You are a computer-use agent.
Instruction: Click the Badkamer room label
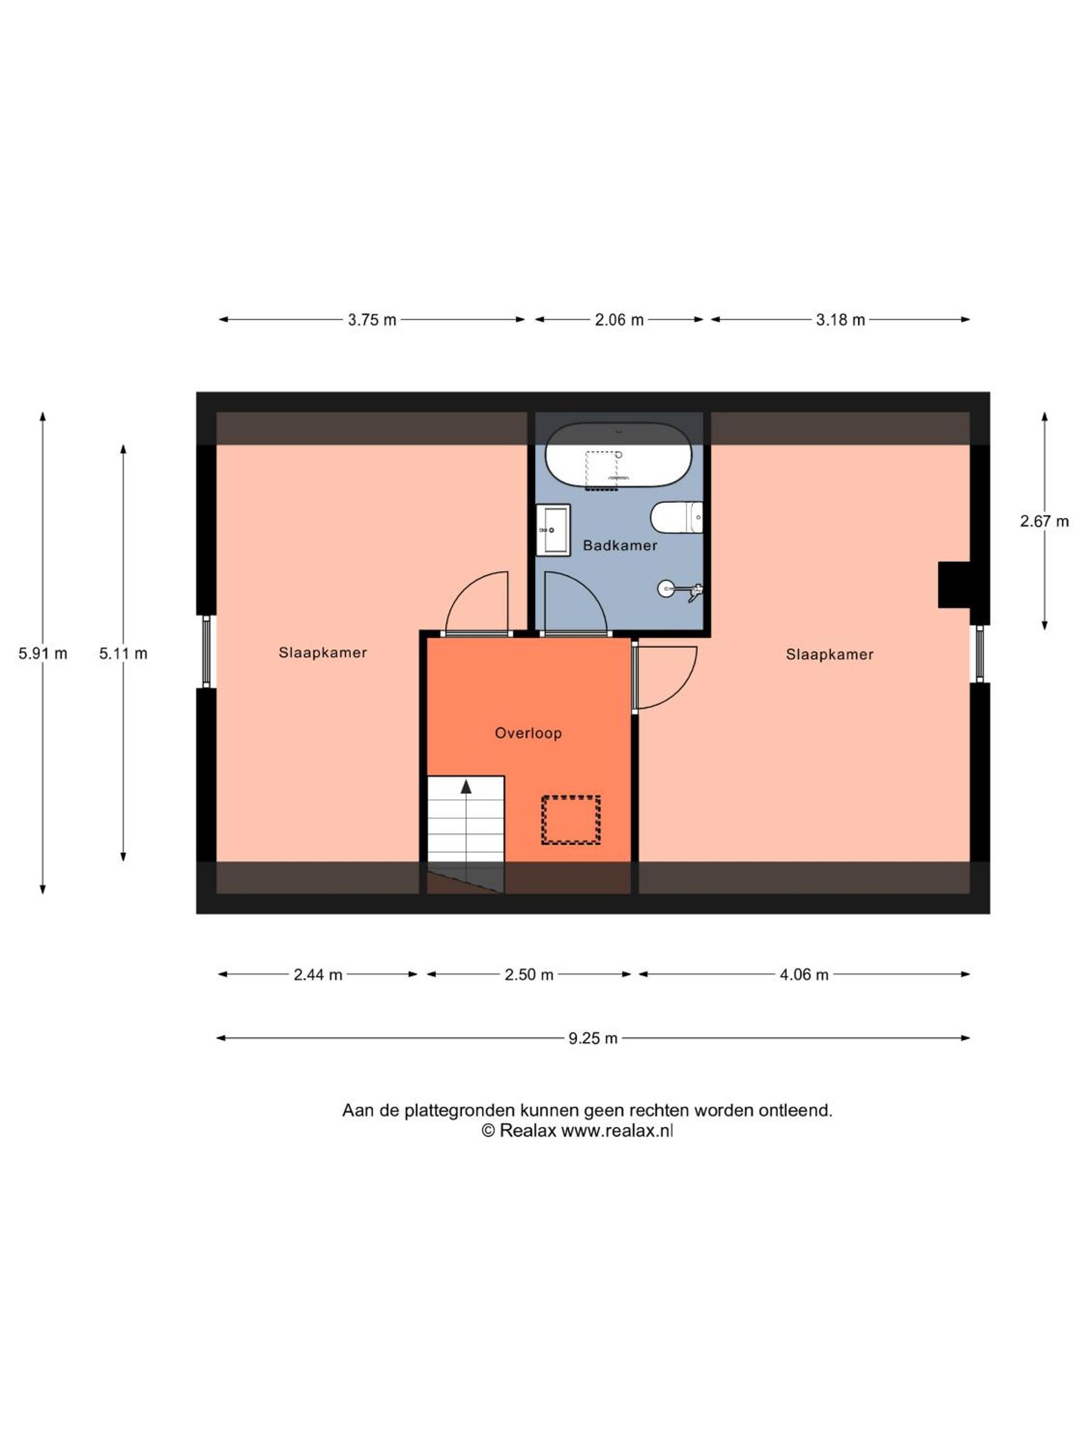[x=620, y=545]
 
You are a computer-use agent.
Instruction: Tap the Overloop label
[x=528, y=733]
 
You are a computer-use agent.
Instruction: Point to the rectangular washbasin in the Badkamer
[x=553, y=530]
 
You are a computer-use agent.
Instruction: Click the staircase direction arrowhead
[x=466, y=787]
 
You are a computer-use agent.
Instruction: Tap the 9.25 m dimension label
[x=593, y=1038]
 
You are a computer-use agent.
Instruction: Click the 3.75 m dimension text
[x=372, y=320]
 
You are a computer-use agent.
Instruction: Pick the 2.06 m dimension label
[x=619, y=320]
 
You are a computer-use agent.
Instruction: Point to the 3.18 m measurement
[x=840, y=320]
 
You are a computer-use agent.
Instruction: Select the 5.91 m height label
[x=42, y=654]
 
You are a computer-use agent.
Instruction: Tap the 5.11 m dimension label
[x=123, y=654]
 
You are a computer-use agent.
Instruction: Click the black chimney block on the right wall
[x=954, y=585]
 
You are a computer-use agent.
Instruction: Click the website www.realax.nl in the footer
[x=617, y=1131]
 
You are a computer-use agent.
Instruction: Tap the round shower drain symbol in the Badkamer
[x=665, y=589]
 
